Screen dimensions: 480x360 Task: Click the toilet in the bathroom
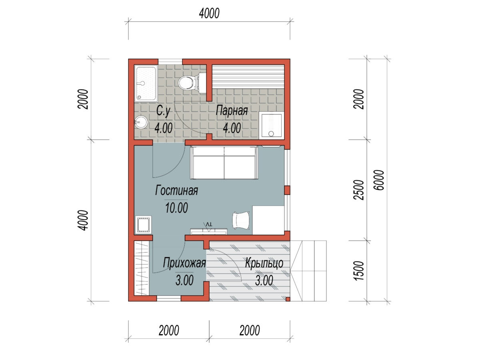click(x=191, y=83)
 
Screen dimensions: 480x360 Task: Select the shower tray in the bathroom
click(x=146, y=84)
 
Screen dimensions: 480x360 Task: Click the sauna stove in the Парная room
click(x=271, y=125)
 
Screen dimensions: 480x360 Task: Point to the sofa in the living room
click(x=224, y=163)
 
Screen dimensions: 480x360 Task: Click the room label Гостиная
click(x=176, y=190)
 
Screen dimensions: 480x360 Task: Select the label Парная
click(x=232, y=111)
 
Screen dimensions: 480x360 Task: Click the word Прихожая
click(x=184, y=263)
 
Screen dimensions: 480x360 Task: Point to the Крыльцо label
click(x=264, y=263)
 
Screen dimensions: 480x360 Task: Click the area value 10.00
click(x=176, y=208)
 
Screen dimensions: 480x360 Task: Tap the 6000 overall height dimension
click(x=379, y=180)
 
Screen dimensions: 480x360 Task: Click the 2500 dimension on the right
click(x=359, y=190)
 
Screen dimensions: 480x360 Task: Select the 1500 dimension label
click(x=359, y=271)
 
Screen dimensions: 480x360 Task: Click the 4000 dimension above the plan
click(x=209, y=13)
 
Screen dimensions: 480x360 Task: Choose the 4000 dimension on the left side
click(x=83, y=220)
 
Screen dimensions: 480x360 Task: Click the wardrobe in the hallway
click(x=142, y=268)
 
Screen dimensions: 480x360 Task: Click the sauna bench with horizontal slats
click(x=248, y=76)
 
